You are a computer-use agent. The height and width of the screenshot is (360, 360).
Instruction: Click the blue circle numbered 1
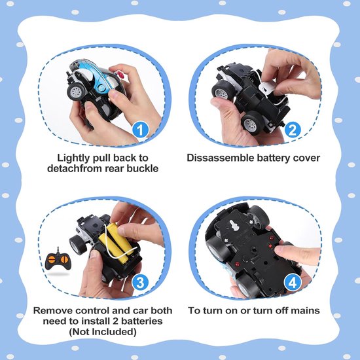click(140, 130)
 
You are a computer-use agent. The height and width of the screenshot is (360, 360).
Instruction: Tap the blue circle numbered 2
click(293, 130)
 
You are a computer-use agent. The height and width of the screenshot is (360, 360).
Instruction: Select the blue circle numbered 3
click(140, 283)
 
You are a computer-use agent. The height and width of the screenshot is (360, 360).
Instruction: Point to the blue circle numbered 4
click(293, 283)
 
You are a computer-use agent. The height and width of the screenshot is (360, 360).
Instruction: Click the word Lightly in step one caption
click(73, 158)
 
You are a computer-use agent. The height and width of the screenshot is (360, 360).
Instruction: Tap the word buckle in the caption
click(143, 168)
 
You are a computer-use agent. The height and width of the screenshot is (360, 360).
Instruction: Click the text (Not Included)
click(103, 332)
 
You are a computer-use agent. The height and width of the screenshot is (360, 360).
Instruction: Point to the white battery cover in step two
click(267, 88)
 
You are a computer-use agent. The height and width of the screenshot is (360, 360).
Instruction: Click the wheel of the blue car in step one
click(75, 92)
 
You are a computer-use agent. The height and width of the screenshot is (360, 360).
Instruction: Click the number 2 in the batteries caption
click(115, 321)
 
